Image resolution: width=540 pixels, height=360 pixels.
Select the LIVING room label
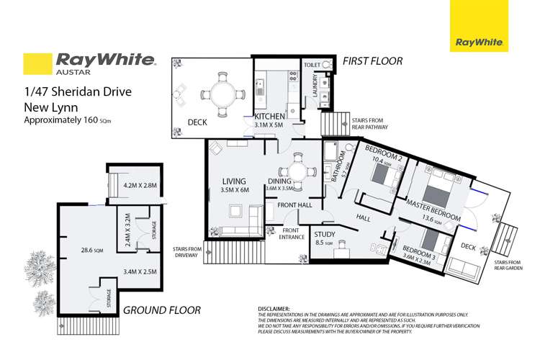click(234, 180)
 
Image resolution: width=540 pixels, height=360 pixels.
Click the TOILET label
click(311, 63)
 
